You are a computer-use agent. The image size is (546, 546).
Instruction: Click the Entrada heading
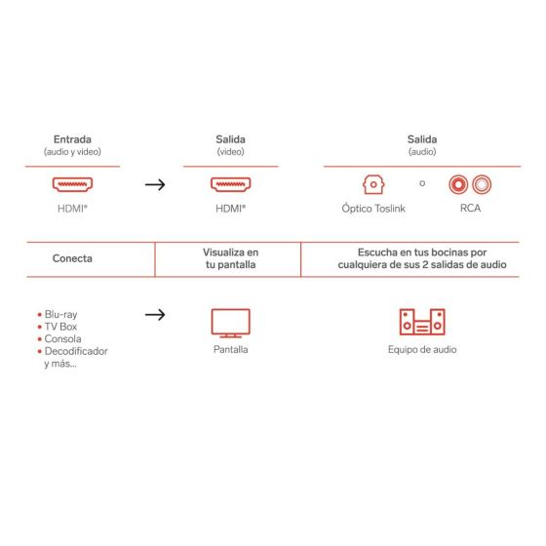72,139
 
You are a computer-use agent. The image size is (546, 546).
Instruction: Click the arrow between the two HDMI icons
155,184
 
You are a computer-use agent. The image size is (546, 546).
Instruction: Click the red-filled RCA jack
458,184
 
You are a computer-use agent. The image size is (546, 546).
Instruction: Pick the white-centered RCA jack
482,184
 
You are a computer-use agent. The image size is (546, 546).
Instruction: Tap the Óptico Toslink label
373,208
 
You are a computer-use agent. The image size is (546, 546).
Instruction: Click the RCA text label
470,208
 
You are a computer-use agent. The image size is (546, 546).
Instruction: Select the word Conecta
72,258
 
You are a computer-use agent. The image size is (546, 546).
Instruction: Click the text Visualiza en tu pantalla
230,258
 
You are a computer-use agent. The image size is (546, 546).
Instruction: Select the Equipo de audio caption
422,349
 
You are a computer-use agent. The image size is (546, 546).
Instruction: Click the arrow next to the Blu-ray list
155,315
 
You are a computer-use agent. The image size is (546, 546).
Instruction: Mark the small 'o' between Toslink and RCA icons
422,183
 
